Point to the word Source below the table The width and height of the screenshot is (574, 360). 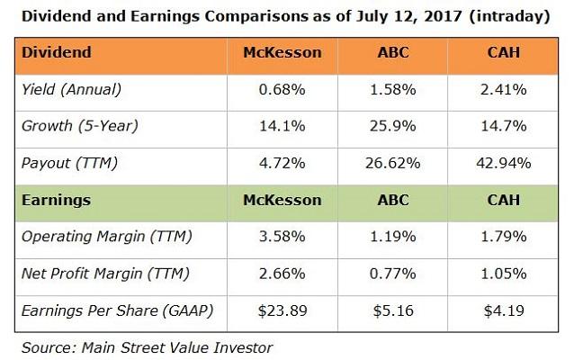42,345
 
